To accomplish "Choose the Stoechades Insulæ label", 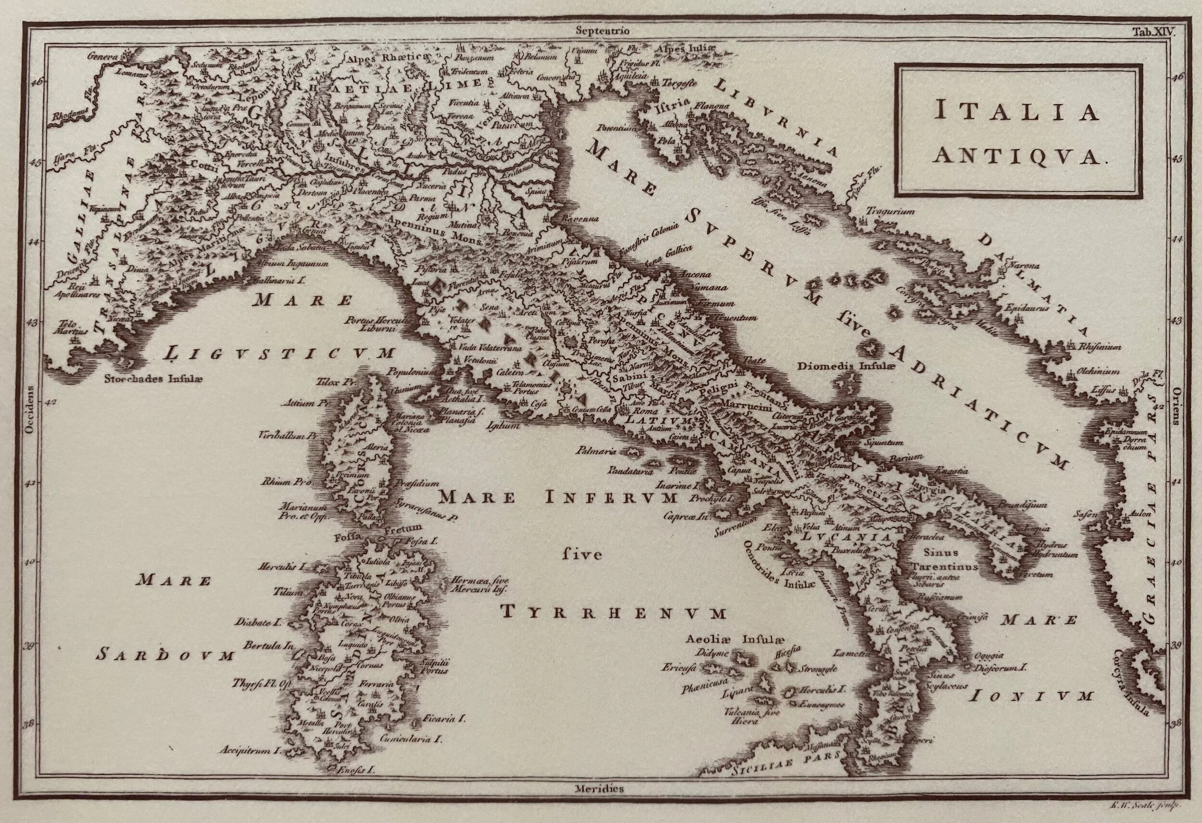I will (150, 378).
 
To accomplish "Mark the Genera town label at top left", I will (102, 55).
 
